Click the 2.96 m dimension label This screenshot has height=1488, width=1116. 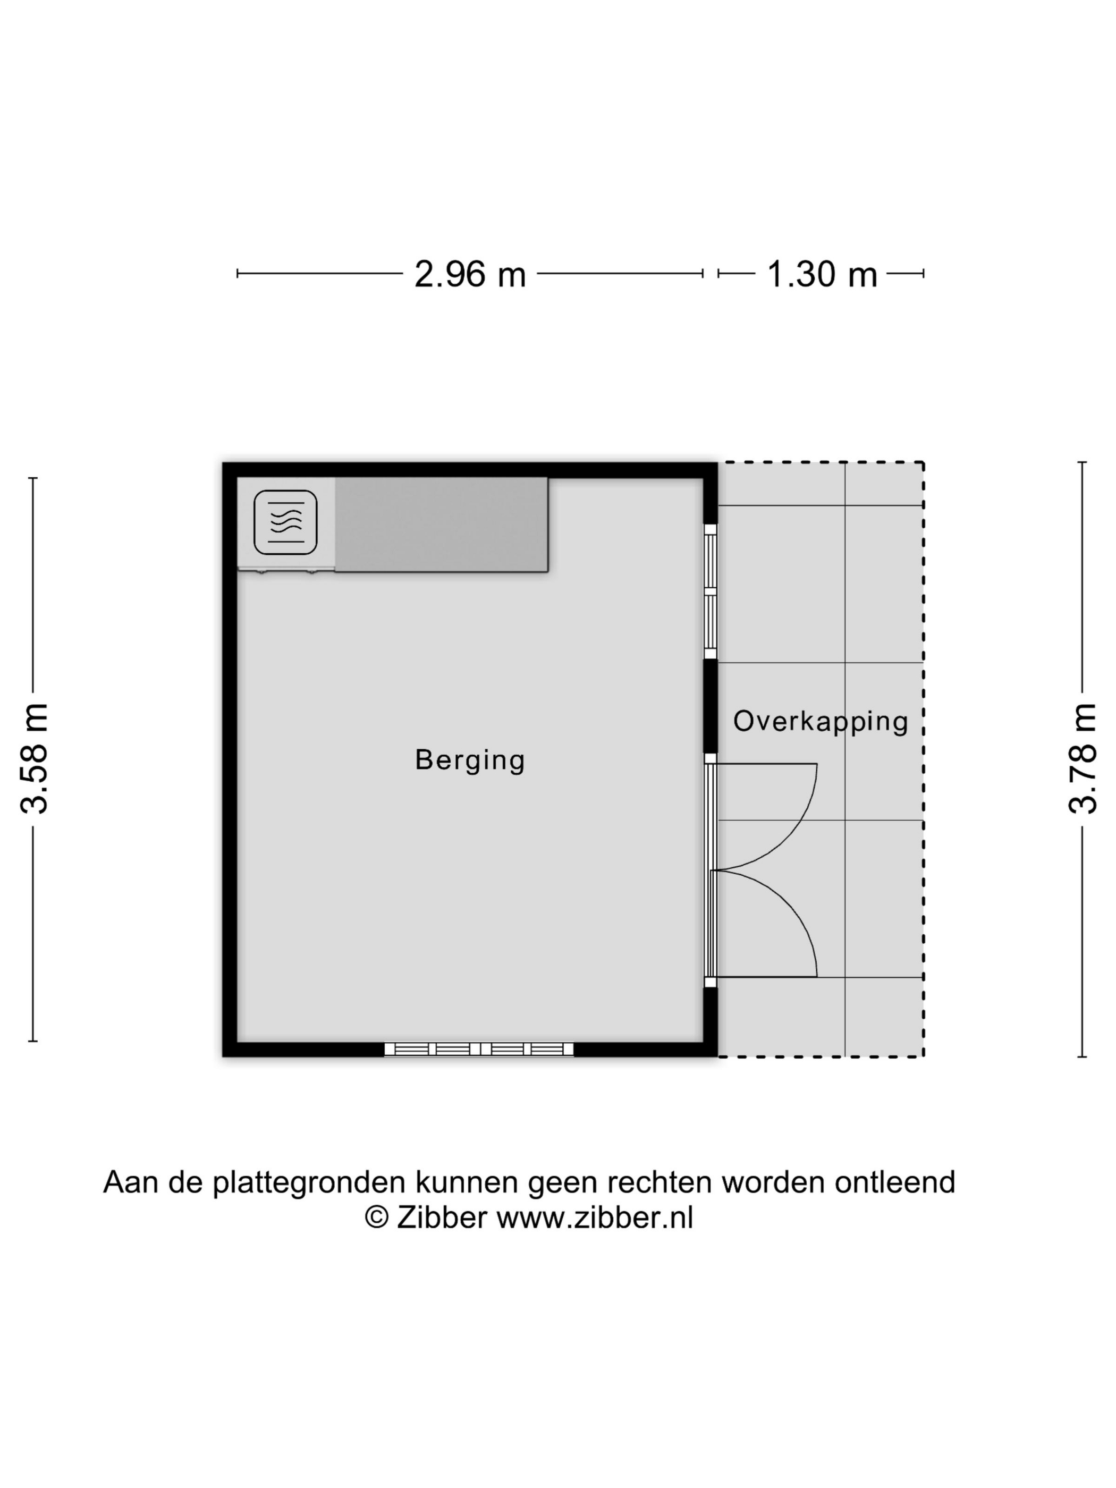(x=470, y=274)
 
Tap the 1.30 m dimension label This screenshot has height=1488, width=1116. (x=822, y=274)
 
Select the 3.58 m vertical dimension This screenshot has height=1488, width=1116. (x=33, y=758)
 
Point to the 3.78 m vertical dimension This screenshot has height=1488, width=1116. (x=1083, y=758)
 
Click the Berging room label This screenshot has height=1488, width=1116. (x=470, y=760)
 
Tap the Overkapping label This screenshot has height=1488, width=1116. (x=821, y=721)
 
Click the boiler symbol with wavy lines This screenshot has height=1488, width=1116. (x=285, y=522)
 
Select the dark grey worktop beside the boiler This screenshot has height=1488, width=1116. (x=441, y=525)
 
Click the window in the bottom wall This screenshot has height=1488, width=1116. (x=479, y=1049)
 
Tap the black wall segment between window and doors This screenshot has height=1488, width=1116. (x=711, y=706)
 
